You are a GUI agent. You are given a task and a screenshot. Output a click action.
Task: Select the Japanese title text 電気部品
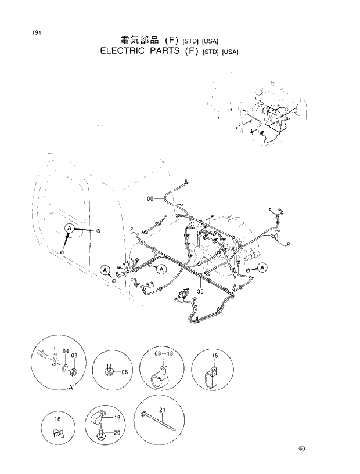coord(139,40)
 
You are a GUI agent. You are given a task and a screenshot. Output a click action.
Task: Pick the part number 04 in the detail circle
coord(66,352)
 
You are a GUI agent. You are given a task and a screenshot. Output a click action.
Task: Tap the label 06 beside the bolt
coord(124,372)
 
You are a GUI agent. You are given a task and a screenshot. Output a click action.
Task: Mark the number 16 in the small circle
coord(56,418)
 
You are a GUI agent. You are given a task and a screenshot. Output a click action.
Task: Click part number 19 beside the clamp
coord(117,417)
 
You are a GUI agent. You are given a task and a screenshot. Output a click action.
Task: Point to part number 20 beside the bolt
coord(117,432)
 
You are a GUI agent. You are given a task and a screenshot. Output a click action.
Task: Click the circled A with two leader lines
coord(69,229)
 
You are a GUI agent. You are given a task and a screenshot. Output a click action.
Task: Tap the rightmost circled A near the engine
coord(262,267)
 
